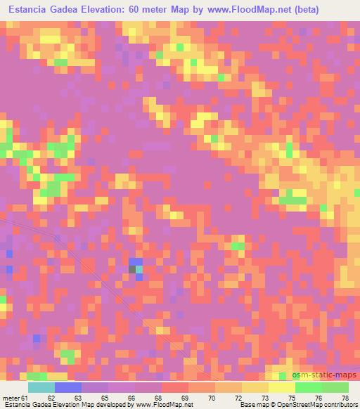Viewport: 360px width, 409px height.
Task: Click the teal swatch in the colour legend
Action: click(41, 388)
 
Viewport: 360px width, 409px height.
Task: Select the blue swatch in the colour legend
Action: click(67, 388)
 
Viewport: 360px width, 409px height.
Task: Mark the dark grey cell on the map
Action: click(133, 268)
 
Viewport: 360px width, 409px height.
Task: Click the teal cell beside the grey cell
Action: click(139, 268)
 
